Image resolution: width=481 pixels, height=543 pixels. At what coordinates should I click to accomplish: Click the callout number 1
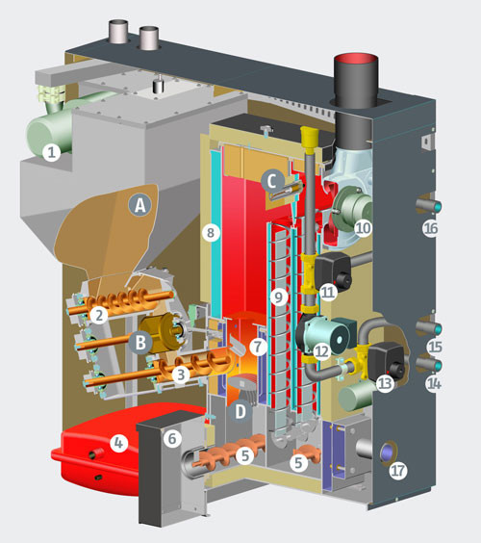pos(51,152)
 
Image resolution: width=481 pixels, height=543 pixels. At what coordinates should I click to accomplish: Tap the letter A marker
pos(140,205)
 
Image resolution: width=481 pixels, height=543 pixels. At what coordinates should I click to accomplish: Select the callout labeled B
pos(140,343)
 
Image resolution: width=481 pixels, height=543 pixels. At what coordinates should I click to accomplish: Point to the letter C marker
pos(272,181)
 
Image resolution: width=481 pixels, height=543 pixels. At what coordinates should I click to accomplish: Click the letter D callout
pos(240,411)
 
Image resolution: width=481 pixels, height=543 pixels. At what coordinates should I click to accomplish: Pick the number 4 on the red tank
pos(118,443)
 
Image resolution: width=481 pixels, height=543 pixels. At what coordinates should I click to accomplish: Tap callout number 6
pos(172,439)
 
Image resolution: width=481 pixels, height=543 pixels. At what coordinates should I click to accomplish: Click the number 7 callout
pos(258,347)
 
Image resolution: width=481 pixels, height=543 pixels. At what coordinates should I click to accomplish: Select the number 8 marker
pos(211,233)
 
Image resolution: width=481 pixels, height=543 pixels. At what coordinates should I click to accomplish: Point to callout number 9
pos(279,297)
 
